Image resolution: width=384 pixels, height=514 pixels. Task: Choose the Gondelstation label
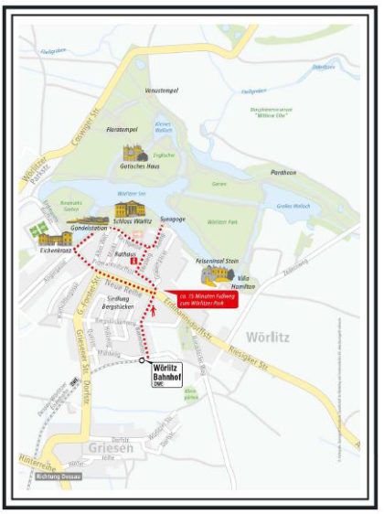click(89, 226)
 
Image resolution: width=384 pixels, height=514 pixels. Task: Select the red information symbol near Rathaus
click(133, 262)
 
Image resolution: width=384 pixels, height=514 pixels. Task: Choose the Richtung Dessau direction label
click(58, 477)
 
